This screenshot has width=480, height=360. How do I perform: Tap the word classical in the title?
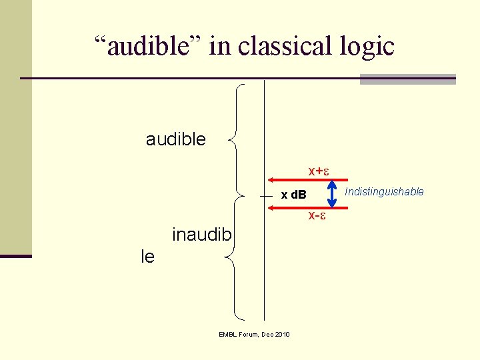click(281, 46)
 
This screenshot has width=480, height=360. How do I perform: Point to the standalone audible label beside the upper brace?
click(176, 139)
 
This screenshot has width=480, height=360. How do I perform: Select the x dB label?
click(293, 195)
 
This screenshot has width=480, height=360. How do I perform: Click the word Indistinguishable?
click(384, 192)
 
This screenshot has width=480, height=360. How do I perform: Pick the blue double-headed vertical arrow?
click(331, 193)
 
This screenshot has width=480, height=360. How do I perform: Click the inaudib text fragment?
click(202, 235)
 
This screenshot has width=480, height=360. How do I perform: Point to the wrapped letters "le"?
click(148, 256)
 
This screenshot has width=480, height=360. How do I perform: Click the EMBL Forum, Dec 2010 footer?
click(254, 334)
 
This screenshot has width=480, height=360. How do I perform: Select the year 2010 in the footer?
click(281, 334)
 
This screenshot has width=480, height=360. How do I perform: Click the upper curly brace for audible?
click(237, 139)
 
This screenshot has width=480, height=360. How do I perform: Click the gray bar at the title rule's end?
click(407, 79)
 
